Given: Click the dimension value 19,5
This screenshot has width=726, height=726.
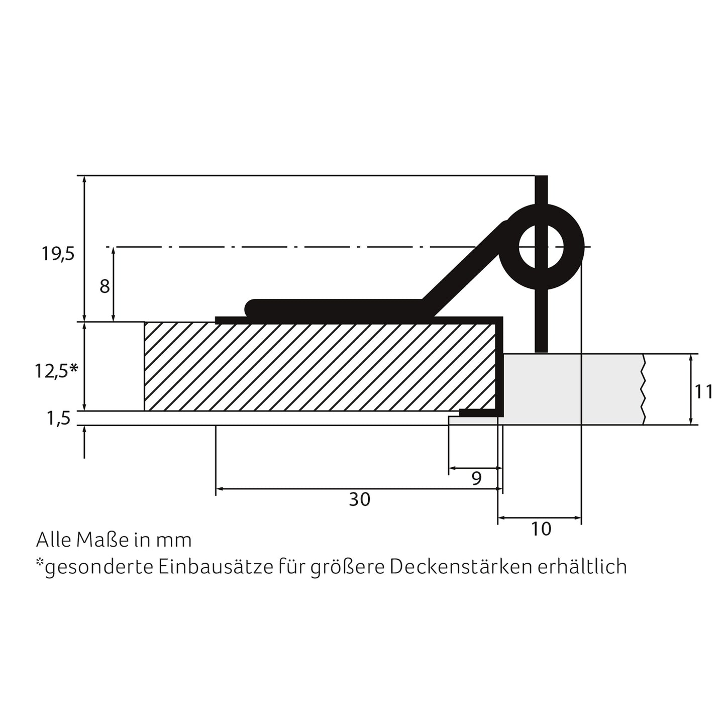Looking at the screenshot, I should (58, 254).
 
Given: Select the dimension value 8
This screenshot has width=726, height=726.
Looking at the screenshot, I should (105, 287).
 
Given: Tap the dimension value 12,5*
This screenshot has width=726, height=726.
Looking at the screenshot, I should (56, 371).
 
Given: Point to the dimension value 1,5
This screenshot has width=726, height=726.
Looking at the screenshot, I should (59, 418).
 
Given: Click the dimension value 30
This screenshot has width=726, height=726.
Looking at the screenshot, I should (359, 499).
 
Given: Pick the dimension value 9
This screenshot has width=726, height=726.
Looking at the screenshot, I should (476, 478).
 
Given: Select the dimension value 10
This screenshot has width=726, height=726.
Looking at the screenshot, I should (541, 529).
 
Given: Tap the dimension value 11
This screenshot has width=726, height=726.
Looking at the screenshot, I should (703, 391).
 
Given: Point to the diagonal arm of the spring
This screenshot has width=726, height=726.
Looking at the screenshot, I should (462, 271).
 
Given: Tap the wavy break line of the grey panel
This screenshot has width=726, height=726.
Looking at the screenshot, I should (644, 389).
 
